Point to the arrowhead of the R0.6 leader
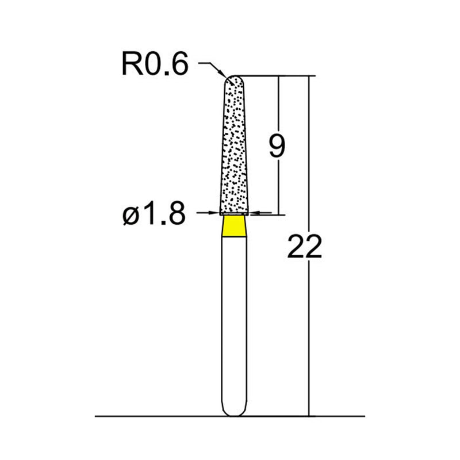[223, 75]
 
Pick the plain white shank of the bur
[234, 322]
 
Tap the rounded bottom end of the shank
[234, 411]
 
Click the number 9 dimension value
[276, 147]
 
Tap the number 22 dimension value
[303, 248]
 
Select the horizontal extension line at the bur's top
[276, 75]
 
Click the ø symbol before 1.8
[129, 216]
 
